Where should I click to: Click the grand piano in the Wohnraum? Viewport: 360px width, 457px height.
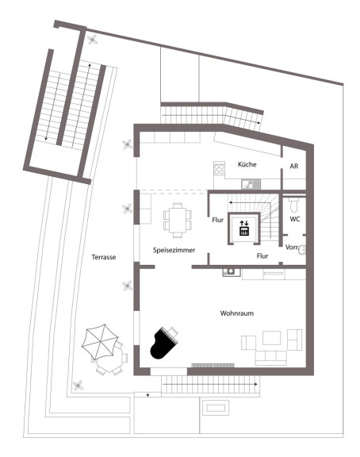(163, 344)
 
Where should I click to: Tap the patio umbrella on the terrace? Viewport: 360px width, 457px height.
(100, 342)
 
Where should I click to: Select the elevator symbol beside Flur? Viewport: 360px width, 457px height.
(243, 228)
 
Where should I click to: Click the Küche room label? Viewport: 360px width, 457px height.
(247, 164)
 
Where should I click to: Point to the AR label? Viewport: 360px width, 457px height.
(294, 166)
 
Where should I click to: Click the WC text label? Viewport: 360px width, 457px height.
(295, 219)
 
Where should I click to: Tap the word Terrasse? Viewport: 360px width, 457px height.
(104, 257)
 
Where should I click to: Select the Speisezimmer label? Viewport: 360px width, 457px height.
(174, 250)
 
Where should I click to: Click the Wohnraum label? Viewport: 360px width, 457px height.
(237, 313)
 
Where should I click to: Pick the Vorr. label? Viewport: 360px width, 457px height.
(292, 248)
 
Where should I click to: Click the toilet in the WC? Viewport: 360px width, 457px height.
(293, 205)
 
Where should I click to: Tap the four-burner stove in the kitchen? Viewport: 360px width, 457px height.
(219, 169)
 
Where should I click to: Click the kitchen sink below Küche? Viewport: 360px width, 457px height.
(251, 184)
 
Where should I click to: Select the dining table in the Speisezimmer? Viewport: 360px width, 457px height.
(178, 220)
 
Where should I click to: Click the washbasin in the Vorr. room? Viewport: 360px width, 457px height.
(302, 250)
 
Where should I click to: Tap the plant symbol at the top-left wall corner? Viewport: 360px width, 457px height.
(92, 40)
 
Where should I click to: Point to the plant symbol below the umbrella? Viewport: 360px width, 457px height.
(78, 386)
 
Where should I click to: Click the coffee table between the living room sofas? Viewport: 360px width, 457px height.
(272, 338)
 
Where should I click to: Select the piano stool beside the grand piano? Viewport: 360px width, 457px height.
(174, 332)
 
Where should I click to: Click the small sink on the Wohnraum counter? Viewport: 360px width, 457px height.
(231, 272)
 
